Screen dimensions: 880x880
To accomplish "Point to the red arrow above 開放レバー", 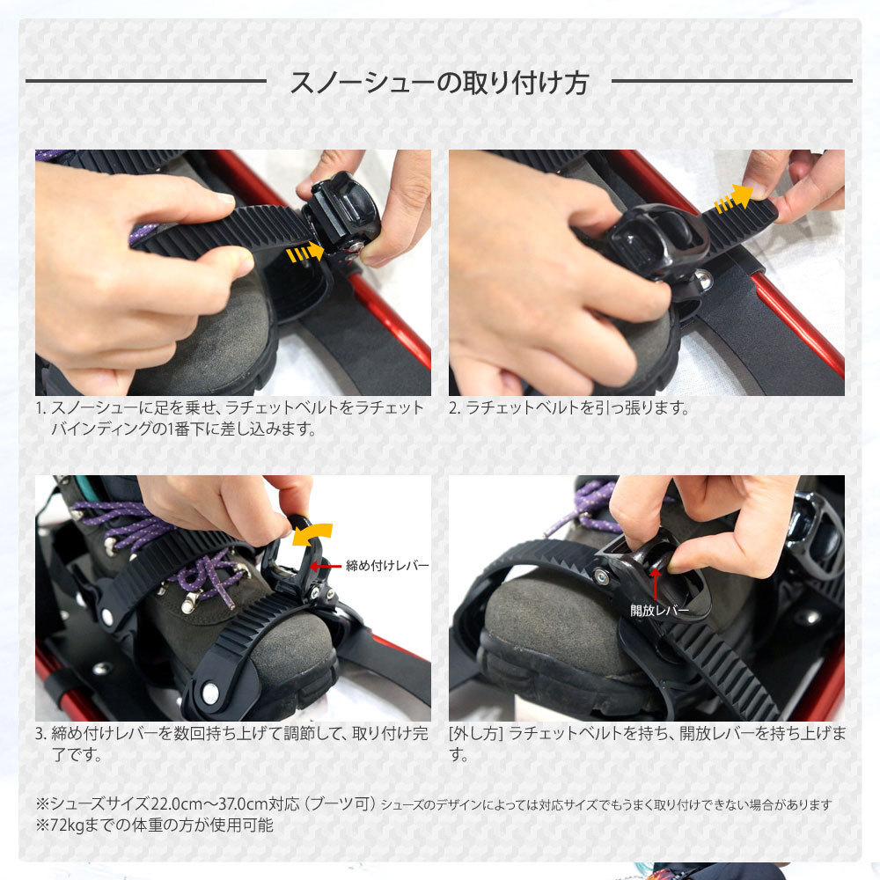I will click(x=655, y=582).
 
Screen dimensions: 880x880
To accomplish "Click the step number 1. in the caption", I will click(x=40, y=408).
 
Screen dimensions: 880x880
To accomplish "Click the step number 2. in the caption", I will click(x=454, y=408).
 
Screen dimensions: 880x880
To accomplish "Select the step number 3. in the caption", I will click(x=40, y=734).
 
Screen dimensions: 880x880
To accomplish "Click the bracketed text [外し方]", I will click(x=475, y=734).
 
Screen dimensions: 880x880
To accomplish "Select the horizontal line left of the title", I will click(x=145, y=81).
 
